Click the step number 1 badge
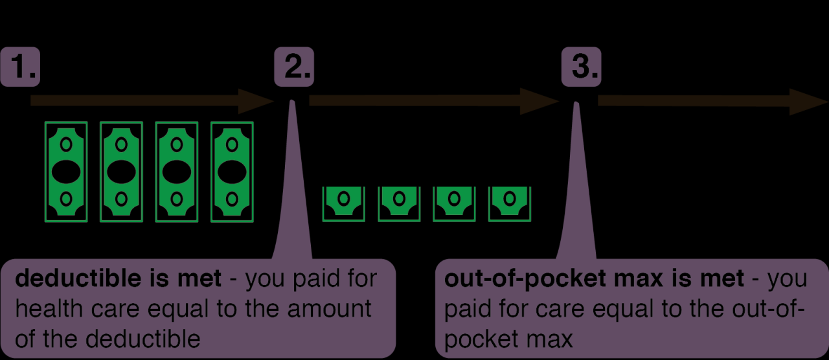[20, 67]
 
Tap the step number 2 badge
[294, 67]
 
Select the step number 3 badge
[580, 67]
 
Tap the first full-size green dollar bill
[65, 172]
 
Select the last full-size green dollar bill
[232, 172]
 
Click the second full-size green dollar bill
[121, 172]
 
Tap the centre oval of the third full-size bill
[176, 172]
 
